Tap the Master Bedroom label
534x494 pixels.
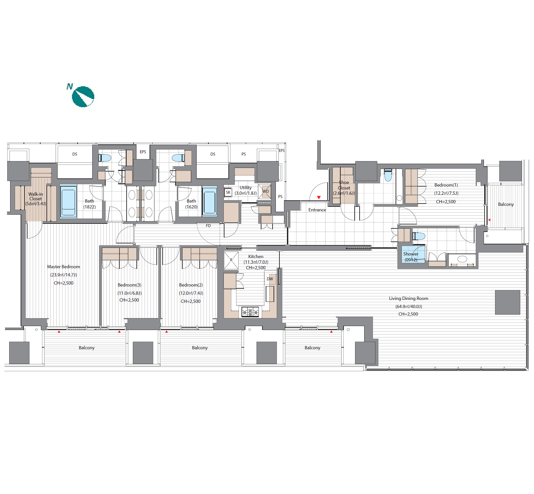(63, 267)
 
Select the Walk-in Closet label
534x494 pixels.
(36, 196)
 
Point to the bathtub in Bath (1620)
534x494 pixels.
(209, 201)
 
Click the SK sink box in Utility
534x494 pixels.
(228, 192)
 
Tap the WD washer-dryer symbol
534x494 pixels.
(265, 191)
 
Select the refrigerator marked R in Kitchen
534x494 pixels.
(231, 260)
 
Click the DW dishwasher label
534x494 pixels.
(270, 279)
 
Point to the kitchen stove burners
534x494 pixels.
(250, 312)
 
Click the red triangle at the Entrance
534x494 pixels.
(319, 197)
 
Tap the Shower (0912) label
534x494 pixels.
(411, 257)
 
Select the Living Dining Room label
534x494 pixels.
(408, 298)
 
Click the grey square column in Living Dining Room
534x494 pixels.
(507, 302)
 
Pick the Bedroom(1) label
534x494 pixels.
(446, 185)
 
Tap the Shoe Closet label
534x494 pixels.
(344, 185)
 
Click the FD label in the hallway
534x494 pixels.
(208, 226)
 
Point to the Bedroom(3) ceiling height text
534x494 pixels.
(129, 300)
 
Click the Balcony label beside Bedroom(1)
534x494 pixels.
(506, 205)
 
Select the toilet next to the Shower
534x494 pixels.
(419, 236)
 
